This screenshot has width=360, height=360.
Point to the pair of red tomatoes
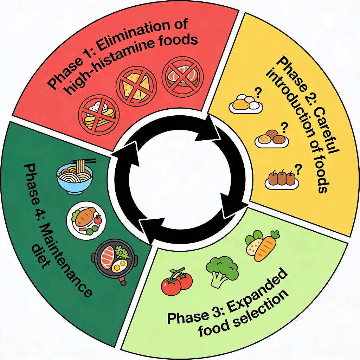177,281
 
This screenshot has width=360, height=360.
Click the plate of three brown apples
281,178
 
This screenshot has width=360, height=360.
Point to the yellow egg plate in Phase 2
245,104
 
